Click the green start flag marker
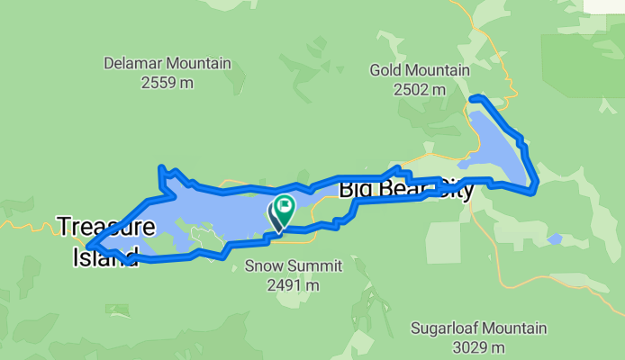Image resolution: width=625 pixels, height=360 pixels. [285, 205]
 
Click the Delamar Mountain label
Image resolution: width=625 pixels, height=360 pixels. [168, 64]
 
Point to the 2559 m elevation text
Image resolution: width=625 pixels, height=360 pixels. [168, 83]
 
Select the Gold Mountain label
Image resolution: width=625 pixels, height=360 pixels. [420, 70]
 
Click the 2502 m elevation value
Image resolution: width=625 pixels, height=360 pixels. [420, 89]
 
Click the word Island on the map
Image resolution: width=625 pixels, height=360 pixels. [104, 256]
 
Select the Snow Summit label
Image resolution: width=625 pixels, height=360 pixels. [281, 265]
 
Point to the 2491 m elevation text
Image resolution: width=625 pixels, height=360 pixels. [281, 284]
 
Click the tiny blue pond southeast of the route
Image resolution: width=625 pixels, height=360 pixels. [556, 239]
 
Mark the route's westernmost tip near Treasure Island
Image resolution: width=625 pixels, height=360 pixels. [89, 244]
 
